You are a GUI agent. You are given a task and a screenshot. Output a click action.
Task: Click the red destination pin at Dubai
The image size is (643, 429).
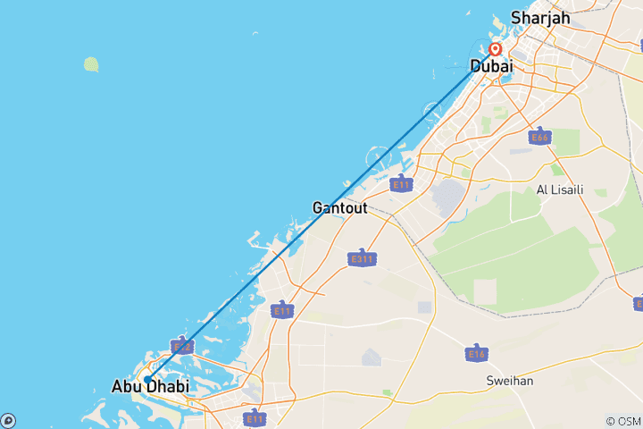[x=494, y=49]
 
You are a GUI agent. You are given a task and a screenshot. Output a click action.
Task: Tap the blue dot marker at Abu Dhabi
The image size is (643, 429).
[x=147, y=379]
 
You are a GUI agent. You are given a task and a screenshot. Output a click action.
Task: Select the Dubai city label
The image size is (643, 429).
[x=491, y=65]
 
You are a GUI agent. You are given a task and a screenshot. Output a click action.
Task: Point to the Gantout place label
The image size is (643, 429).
[x=340, y=207]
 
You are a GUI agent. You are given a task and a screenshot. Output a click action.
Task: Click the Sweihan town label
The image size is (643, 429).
[x=509, y=380]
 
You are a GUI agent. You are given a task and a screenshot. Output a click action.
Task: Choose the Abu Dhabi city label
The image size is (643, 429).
[x=150, y=386]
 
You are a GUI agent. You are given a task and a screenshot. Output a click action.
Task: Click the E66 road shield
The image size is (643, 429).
[x=539, y=138]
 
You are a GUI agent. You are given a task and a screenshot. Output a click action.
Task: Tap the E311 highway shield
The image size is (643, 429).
[x=361, y=258]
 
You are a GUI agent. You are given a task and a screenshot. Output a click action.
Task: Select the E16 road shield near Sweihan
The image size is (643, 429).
[x=476, y=354]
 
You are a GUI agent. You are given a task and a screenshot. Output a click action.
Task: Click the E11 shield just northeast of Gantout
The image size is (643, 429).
[x=401, y=184]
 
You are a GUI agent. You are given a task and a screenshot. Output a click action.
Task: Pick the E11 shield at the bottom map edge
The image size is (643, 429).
[x=255, y=417]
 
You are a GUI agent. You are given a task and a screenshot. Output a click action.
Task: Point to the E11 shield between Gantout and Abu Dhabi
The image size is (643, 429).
[x=282, y=310]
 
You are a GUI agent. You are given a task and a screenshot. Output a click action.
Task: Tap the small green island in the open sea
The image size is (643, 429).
[x=91, y=64]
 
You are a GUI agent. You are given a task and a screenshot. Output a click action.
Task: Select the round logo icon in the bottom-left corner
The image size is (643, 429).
[x=7, y=421]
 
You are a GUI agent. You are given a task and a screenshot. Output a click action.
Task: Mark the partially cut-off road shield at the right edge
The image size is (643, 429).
[x=638, y=305]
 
